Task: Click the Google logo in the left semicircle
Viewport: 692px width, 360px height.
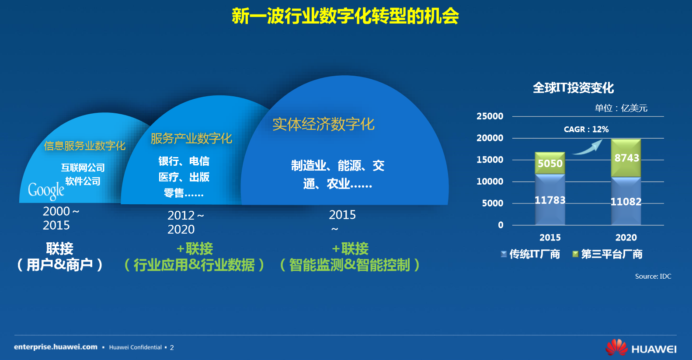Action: tap(46, 191)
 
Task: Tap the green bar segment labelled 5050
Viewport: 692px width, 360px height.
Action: tap(550, 163)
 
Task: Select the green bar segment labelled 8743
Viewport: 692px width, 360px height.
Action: tap(626, 158)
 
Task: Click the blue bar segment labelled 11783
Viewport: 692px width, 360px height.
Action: tap(550, 199)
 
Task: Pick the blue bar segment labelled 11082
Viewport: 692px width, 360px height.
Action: tap(626, 201)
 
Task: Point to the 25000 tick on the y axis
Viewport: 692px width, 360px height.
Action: tap(490, 116)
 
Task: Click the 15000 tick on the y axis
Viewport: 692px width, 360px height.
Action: tap(490, 160)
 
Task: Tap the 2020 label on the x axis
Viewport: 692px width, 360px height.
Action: tap(626, 238)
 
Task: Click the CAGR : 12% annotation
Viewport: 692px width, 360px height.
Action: tap(586, 129)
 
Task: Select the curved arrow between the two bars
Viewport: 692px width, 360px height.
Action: tap(587, 148)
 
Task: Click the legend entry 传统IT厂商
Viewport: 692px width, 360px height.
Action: tap(530, 254)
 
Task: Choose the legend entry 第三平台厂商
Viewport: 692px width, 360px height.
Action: tap(607, 254)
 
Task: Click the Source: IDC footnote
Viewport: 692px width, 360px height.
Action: tap(653, 276)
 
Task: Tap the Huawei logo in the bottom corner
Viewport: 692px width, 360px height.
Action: tap(641, 347)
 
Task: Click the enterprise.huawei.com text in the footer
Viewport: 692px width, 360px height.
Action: tap(56, 347)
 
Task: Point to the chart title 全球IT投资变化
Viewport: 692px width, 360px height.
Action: tap(574, 88)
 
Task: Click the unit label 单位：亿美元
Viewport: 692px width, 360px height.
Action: tap(621, 108)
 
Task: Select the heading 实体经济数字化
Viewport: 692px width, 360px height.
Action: tap(323, 124)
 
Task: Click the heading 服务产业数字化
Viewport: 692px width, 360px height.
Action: tap(191, 138)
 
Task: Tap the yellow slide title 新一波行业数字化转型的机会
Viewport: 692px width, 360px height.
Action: tap(345, 16)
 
